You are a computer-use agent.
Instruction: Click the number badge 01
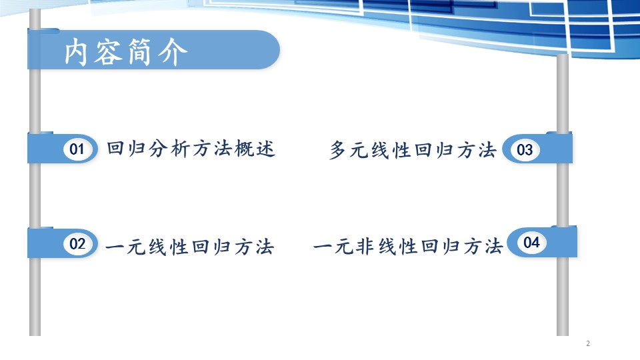coord(77,149)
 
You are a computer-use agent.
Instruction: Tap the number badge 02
coord(77,244)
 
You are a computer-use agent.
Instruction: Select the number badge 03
coord(525,150)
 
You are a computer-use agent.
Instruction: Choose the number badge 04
coord(531,243)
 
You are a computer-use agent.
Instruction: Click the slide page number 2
coord(588,343)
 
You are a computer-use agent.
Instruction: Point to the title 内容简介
coord(126,52)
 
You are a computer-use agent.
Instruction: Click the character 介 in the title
coord(173,52)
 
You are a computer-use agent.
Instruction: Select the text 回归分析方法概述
coord(191,148)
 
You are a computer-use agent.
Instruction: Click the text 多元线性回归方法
coord(413,150)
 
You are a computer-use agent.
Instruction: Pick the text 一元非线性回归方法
coord(407,247)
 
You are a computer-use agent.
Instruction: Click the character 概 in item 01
coord(244,148)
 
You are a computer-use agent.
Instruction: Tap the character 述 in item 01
coord(265,148)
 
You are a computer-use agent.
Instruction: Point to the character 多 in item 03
coord(339,150)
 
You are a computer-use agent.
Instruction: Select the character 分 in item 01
coord(159,148)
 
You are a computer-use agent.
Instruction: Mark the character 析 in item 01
coord(179,148)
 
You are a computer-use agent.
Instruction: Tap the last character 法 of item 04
coord(493,247)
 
